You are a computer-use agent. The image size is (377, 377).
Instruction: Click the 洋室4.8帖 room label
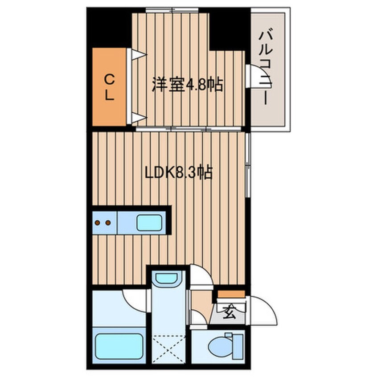[187, 84]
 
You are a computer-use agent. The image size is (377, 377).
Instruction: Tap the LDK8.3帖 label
[178, 172]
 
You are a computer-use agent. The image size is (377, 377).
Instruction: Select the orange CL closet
[110, 87]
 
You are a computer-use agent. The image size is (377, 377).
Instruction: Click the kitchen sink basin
[149, 223]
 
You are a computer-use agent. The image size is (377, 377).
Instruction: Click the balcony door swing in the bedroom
[254, 76]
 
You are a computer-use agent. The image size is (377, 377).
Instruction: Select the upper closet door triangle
[137, 55]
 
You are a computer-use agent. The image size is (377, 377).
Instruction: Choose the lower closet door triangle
[137, 118]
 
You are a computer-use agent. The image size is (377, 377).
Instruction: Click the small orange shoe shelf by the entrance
[231, 294]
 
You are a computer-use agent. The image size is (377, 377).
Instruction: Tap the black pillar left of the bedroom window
[109, 27]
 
